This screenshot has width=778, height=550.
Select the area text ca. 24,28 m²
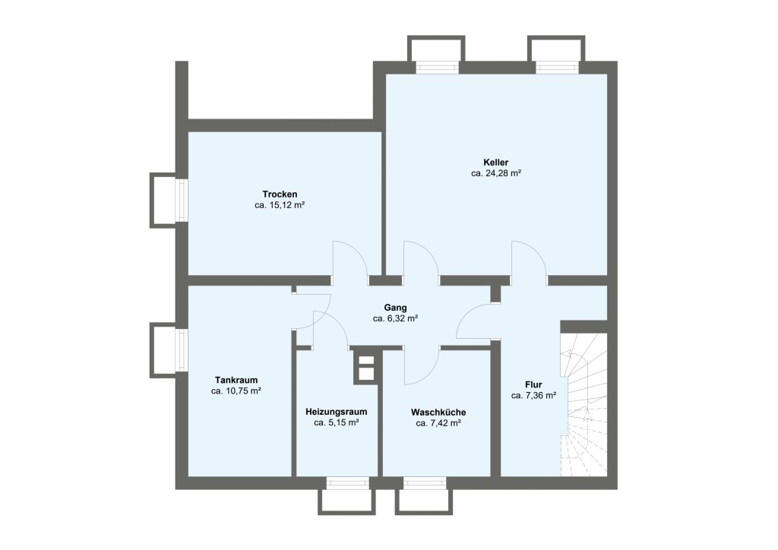[x=495, y=173]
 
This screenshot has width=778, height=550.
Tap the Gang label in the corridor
[x=395, y=307]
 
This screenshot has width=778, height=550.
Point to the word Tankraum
[x=236, y=379]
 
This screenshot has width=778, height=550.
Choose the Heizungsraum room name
[x=336, y=411]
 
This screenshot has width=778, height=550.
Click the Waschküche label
[x=438, y=411]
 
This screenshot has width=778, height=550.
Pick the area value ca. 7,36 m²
[x=533, y=395]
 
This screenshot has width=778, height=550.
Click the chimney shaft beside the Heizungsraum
[x=366, y=367]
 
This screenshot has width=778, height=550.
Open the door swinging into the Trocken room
[x=349, y=260]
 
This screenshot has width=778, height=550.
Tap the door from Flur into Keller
[x=529, y=261]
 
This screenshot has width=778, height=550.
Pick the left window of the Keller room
[x=437, y=67]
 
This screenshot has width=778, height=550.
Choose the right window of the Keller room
[x=558, y=67]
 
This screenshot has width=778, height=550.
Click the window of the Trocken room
[x=182, y=201]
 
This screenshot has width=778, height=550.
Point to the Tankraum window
[x=182, y=349]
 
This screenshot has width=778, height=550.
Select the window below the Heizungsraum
[x=347, y=482]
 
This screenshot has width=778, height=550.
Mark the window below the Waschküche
[x=425, y=482]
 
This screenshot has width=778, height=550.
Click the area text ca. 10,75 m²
[x=236, y=390]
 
